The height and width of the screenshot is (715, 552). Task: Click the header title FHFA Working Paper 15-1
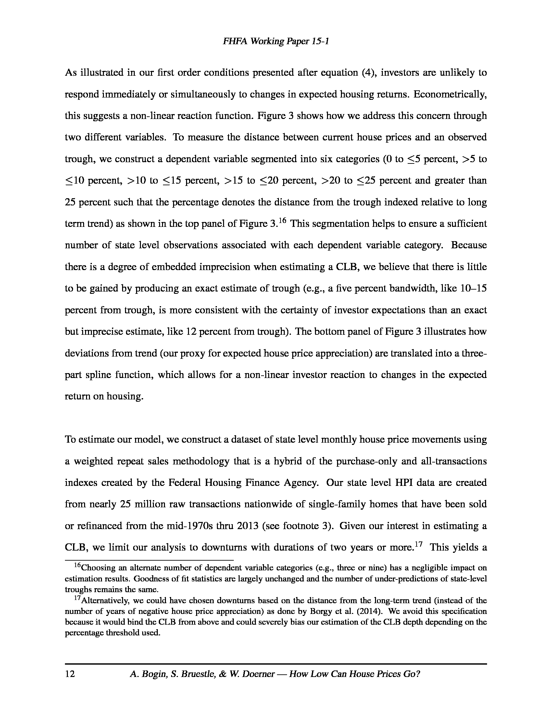(x=276, y=41)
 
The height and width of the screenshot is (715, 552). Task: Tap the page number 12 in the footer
(x=70, y=674)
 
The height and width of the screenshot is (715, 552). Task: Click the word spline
(x=99, y=375)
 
